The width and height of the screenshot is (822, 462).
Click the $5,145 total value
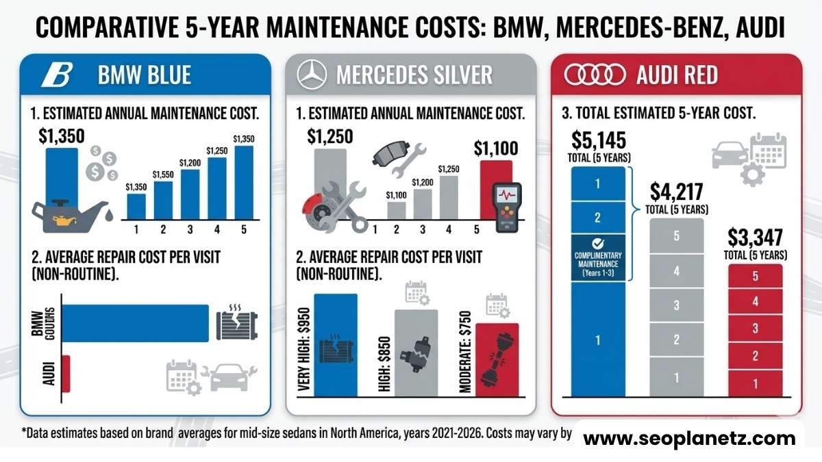point(597,142)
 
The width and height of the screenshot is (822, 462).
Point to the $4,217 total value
point(676,191)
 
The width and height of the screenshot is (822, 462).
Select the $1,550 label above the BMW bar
point(163,175)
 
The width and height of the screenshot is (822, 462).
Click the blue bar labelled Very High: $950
point(335,345)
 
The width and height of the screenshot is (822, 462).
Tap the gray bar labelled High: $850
point(416,352)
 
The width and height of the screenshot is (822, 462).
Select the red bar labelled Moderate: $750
point(497,359)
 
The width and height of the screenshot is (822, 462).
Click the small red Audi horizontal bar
point(66,374)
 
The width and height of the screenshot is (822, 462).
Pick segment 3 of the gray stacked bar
point(676,305)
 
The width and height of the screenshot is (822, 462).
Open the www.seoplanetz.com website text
point(689,439)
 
